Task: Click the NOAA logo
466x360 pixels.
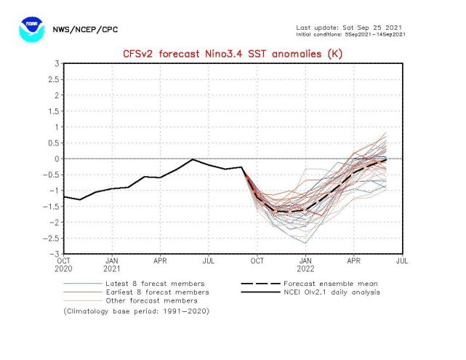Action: point(31,29)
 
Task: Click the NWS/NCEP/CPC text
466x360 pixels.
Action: point(85,30)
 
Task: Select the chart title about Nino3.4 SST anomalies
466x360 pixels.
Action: point(233,54)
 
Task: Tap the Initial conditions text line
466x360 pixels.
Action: point(351,34)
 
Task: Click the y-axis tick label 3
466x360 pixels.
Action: point(57,64)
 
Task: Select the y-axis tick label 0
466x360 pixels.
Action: point(57,159)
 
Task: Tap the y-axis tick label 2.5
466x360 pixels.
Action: point(53,80)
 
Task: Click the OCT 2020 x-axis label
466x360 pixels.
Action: point(64,264)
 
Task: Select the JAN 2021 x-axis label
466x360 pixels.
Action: point(113,264)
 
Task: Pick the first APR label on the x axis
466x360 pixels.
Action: point(161,260)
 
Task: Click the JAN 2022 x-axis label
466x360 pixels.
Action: point(306,264)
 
